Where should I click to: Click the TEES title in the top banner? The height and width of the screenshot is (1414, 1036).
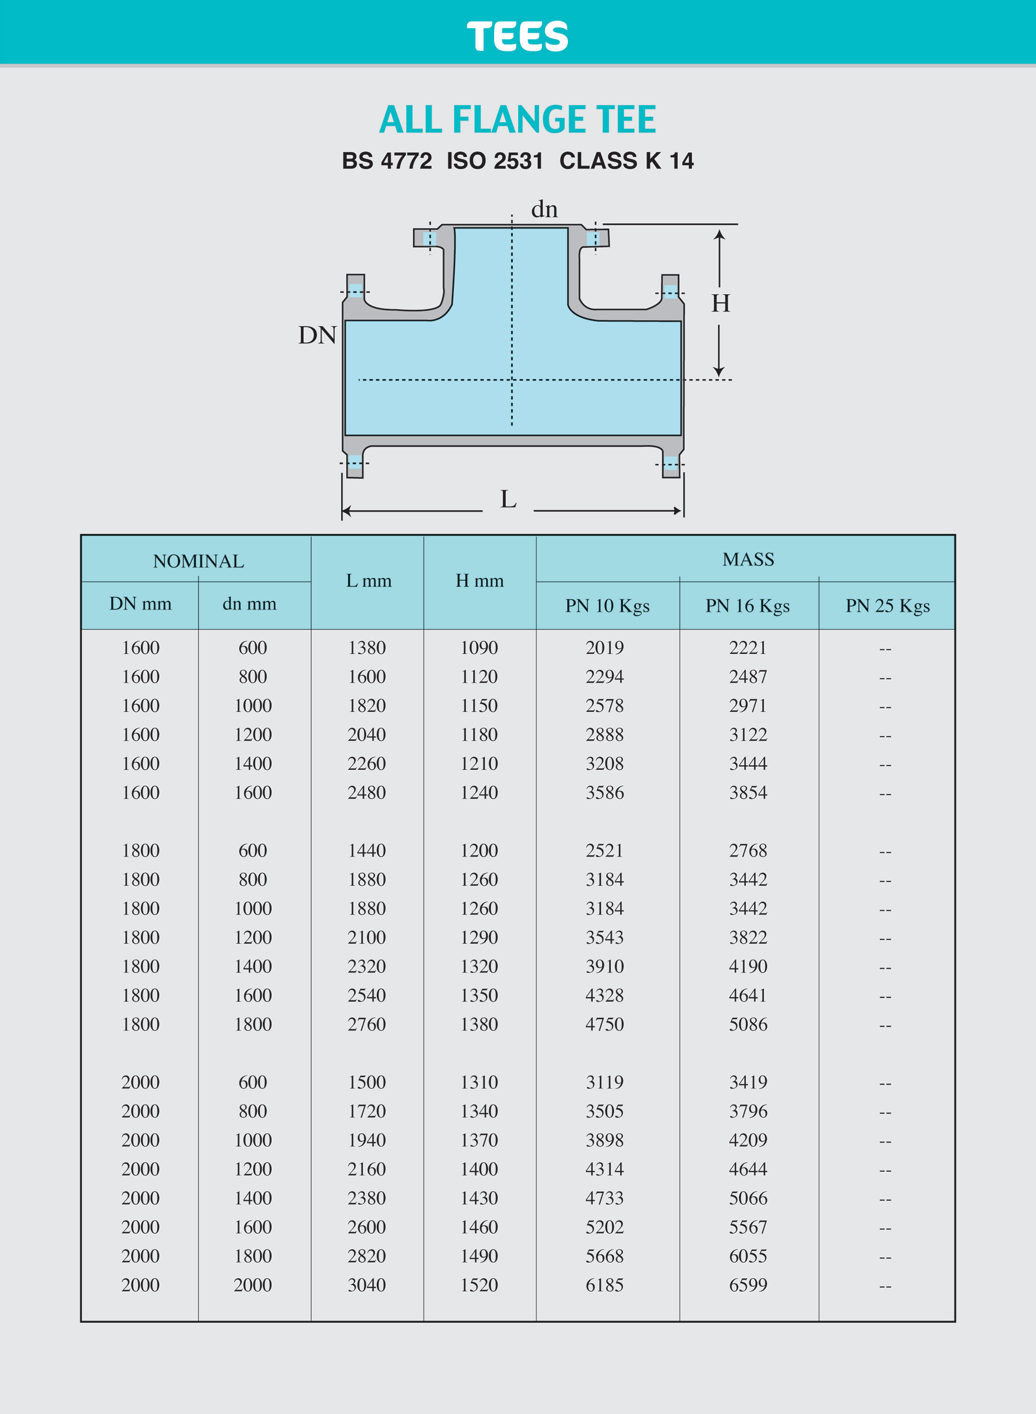tap(517, 36)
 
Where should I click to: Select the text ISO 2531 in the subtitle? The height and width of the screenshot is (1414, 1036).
tap(495, 161)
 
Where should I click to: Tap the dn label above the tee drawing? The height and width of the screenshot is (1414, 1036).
tap(544, 209)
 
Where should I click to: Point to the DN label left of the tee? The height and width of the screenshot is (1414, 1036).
tap(317, 335)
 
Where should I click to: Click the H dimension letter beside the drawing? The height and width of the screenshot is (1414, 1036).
tap(721, 303)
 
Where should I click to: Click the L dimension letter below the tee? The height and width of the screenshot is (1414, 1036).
tap(508, 500)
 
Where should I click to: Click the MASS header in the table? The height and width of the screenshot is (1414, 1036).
tap(748, 559)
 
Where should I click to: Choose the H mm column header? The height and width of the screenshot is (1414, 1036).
tap(479, 581)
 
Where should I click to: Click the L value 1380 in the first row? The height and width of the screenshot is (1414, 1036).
tap(367, 648)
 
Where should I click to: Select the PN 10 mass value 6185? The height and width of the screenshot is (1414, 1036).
tap(605, 1285)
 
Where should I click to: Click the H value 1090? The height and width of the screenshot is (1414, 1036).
tap(479, 648)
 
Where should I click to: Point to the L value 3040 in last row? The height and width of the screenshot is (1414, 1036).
tap(367, 1285)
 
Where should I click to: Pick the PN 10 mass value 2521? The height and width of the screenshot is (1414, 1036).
tap(605, 851)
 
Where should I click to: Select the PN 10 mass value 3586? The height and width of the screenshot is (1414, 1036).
tap(605, 793)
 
